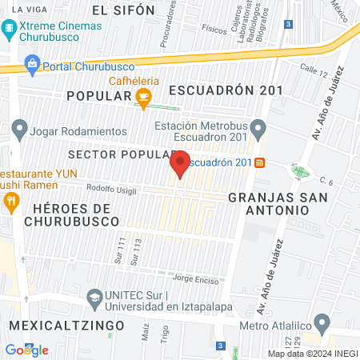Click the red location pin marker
[180, 165]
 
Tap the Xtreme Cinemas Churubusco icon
[9, 30]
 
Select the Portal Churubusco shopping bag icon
[32, 63]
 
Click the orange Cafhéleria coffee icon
[144, 98]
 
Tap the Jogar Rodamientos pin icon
[19, 128]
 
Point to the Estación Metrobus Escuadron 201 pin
[258, 127]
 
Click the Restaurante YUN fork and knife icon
[10, 203]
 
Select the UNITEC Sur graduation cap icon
[94, 298]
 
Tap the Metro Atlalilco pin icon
[322, 325]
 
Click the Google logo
[26, 350]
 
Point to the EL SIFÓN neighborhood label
[122, 10]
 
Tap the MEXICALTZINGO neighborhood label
[67, 326]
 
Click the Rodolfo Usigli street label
[110, 190]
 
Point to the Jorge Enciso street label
[194, 279]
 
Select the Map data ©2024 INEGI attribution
[311, 354]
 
